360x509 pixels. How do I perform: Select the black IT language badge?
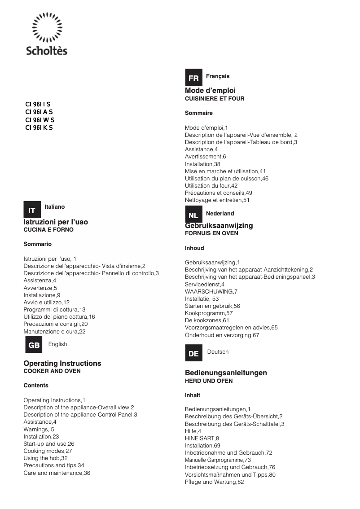32,210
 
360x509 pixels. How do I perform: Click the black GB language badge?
34,345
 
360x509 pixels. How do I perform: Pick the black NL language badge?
193,215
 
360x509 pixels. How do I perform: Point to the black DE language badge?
193,353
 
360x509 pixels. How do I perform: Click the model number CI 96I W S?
40,120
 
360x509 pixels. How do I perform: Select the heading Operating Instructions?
62,363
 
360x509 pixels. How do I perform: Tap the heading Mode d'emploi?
210,91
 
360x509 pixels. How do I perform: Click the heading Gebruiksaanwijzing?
219,225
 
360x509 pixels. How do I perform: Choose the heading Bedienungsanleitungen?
226,373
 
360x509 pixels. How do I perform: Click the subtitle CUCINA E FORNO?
48,230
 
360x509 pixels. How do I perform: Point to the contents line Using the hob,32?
45,458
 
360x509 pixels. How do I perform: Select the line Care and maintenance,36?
57,473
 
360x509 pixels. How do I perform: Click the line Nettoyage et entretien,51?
217,200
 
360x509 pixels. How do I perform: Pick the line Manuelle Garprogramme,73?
218,460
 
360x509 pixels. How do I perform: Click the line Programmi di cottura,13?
54,310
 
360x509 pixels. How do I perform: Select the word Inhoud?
194,248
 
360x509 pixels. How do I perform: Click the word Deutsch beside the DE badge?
218,352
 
